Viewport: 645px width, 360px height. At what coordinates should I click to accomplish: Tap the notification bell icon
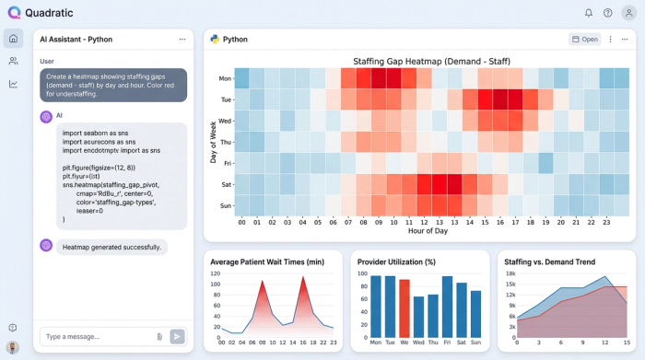click(589, 13)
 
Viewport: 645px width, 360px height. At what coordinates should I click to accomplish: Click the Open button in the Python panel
click(584, 40)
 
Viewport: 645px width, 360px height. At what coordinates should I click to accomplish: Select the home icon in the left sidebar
click(13, 39)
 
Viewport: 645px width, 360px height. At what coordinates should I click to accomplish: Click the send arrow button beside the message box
click(177, 336)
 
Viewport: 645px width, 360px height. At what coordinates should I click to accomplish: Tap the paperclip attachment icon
click(159, 336)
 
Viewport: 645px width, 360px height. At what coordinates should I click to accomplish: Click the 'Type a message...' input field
click(97, 336)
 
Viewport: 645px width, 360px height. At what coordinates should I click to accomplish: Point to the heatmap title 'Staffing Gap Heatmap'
click(431, 62)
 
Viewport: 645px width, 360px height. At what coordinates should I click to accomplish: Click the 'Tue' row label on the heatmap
click(225, 99)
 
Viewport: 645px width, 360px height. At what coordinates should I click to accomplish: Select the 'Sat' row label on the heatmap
click(225, 184)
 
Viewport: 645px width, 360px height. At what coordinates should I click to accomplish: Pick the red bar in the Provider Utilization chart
click(405, 308)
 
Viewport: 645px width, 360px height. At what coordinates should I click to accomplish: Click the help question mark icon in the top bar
click(607, 13)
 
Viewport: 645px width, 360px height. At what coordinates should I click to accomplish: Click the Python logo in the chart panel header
click(214, 40)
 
